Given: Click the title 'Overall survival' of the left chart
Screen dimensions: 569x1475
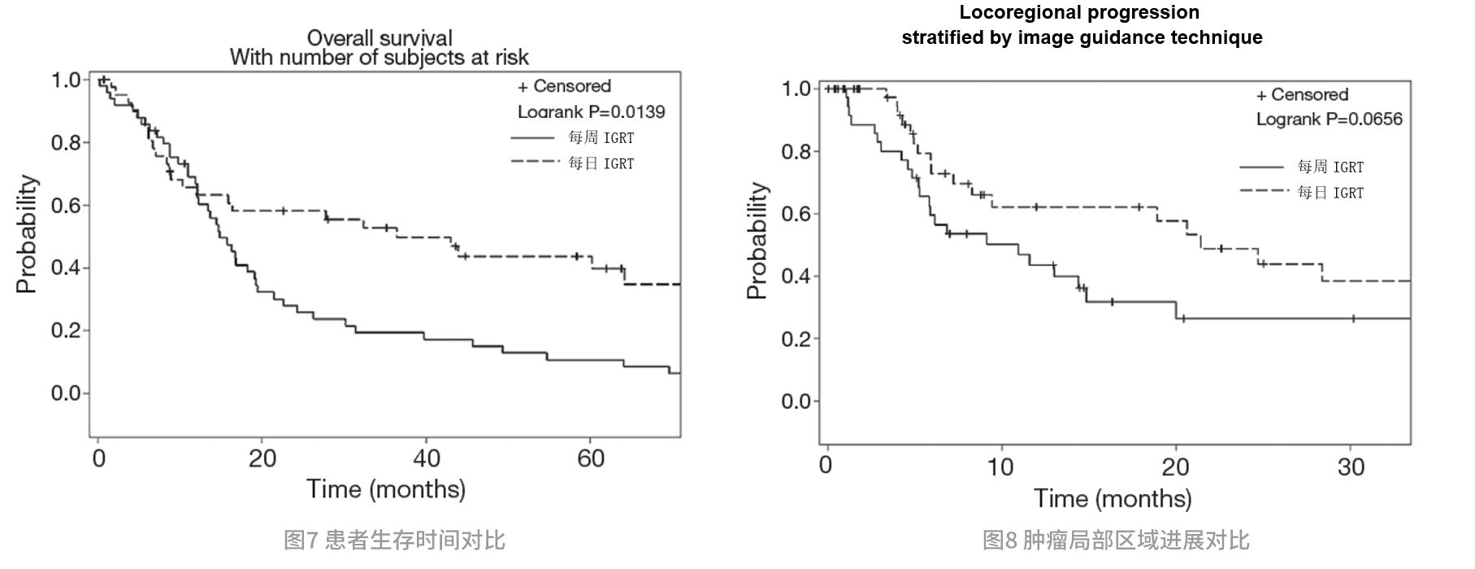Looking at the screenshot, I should (380, 37).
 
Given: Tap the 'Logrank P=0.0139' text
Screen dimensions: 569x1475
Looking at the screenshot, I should (591, 111).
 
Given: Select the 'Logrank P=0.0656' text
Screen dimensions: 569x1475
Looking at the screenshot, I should (1329, 119).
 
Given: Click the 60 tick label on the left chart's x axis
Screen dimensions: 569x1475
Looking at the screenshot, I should (591, 459).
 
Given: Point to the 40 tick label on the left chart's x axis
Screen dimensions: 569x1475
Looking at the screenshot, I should (427, 459).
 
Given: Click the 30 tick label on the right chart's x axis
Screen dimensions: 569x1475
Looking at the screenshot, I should (1351, 467).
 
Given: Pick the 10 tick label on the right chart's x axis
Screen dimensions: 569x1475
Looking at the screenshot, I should (1000, 467).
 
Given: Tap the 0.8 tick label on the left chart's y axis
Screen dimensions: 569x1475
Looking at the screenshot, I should (66, 143).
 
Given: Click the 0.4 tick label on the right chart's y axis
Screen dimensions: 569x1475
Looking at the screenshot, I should (796, 276).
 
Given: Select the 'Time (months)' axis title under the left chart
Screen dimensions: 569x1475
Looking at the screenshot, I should (386, 489).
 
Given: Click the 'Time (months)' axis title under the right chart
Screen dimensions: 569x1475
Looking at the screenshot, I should (1113, 498).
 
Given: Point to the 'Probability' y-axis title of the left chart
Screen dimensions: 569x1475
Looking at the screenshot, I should (27, 234).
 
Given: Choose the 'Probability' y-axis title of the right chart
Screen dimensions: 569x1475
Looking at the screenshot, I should (757, 241).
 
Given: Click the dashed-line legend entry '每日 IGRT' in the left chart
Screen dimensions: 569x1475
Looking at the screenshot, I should (601, 163).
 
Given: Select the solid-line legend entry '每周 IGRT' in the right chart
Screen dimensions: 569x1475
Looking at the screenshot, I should (1330, 167).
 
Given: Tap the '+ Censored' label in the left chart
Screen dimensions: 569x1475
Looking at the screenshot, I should (564, 86).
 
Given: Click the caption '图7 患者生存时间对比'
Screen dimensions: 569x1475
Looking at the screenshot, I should (394, 540).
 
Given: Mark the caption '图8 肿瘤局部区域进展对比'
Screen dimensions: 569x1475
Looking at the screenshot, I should (1115, 540).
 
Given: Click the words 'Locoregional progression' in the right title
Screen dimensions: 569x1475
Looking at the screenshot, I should (1079, 12).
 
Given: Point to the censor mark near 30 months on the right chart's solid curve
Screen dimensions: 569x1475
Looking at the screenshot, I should (1353, 319).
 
